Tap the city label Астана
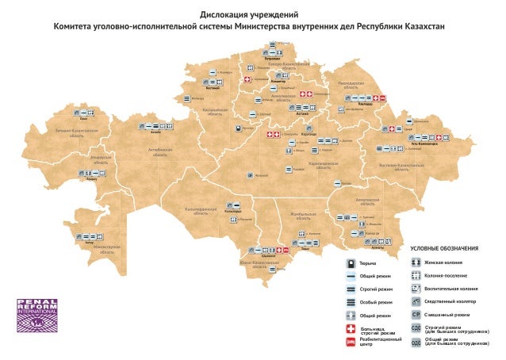(x=301, y=113)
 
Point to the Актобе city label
(x=156, y=132)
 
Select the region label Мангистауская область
(x=106, y=247)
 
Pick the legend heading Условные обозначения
(x=443, y=250)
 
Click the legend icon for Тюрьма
(x=350, y=262)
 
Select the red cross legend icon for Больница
(x=350, y=328)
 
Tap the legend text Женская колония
(x=444, y=262)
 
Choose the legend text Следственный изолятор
(x=450, y=301)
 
